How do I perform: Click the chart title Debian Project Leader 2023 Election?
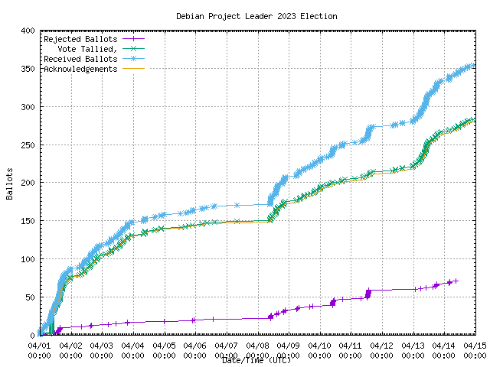tap(256, 16)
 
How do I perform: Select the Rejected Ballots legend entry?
tap(80, 39)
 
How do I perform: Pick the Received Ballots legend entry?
tap(80, 59)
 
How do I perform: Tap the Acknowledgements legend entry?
tap(80, 69)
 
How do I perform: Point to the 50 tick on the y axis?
tap(28, 297)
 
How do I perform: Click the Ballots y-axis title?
tap(9, 183)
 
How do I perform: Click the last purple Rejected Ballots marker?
tap(456, 281)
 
